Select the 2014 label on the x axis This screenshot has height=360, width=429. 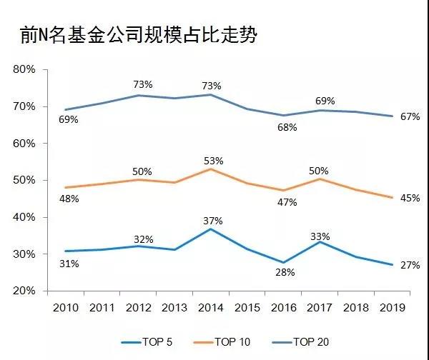coord(209,307)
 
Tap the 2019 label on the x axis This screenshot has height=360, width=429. coord(393,307)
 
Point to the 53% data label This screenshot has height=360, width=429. coord(213,161)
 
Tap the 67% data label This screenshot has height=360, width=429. coord(410,116)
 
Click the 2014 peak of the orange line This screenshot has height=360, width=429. coord(209,169)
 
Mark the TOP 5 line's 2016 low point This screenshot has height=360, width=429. coord(283,262)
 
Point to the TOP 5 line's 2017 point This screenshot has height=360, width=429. coord(320,241)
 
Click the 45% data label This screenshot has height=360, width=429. coord(410,198)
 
